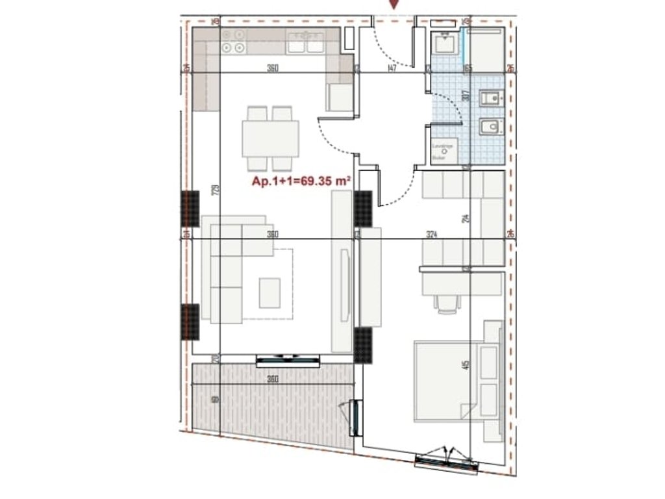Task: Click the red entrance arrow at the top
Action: (394, 5)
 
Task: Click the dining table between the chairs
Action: (271, 138)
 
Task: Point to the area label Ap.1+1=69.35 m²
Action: (302, 183)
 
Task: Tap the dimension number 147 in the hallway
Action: (391, 68)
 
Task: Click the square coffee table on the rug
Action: (270, 292)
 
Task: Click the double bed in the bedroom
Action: (455, 380)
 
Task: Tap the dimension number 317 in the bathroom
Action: (465, 96)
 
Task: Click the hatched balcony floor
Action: (273, 403)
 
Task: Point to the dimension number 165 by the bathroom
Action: (468, 68)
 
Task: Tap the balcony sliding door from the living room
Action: (287, 359)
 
